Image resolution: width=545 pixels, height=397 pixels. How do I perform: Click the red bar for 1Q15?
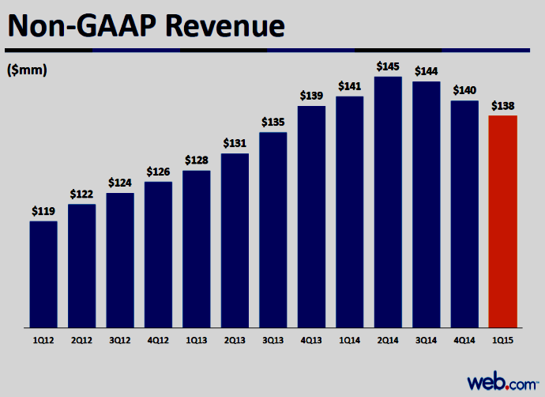coord(502,221)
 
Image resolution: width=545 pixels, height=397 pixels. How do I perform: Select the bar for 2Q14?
coord(388,202)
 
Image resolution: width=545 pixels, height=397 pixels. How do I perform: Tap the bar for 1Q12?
coord(43,274)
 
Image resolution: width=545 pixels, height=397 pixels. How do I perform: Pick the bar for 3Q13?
coord(273,230)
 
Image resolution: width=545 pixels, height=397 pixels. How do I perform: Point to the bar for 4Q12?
coord(158,255)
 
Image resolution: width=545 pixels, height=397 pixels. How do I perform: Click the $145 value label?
coord(388,66)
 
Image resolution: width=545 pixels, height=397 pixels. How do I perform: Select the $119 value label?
coord(43,211)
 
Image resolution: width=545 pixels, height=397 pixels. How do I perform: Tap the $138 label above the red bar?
coord(502,105)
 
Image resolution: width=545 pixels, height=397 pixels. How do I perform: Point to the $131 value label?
coord(235,143)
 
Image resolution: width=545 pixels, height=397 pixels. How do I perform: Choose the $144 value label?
coord(427,71)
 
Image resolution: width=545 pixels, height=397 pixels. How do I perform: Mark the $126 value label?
coord(158,172)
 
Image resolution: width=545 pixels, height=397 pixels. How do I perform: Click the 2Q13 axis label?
coord(235,340)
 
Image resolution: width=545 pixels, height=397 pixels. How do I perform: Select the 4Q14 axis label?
coord(464,340)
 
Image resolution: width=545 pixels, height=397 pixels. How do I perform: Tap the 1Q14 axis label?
coord(350,340)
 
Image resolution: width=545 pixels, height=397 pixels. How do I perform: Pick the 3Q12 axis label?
coord(120,340)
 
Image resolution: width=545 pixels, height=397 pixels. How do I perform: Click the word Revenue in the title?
coord(225,26)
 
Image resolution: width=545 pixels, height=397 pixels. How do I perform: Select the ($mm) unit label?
coord(27,70)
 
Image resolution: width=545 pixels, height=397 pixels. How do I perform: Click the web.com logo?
coord(502,382)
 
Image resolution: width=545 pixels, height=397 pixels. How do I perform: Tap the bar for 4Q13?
coord(311,217)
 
